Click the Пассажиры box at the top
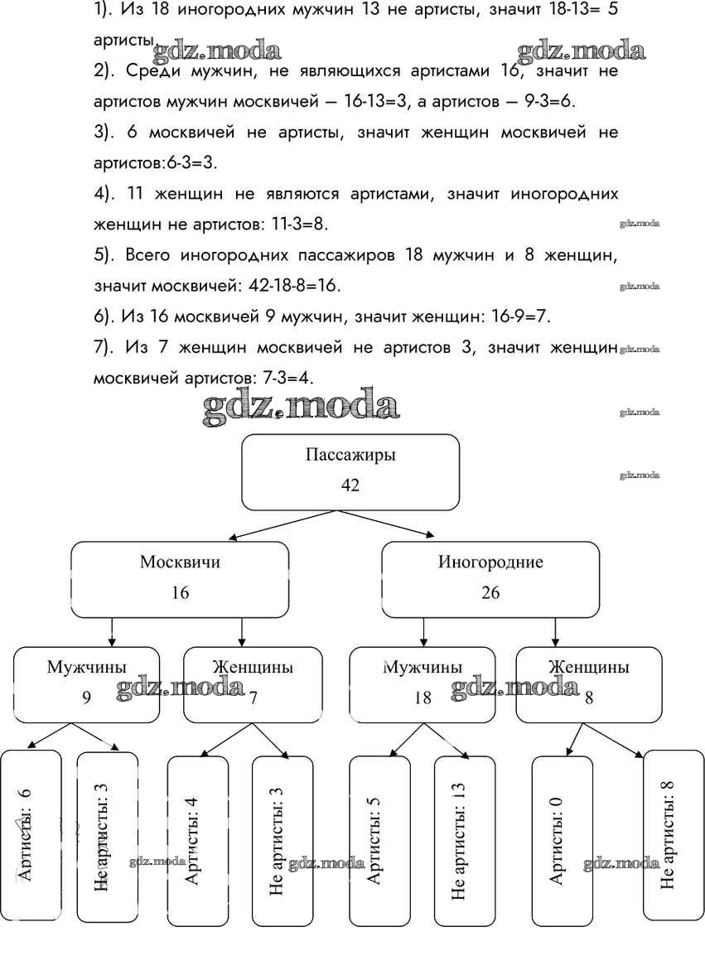(x=350, y=471)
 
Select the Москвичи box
(x=180, y=578)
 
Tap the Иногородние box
(x=490, y=578)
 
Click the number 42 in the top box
(x=350, y=485)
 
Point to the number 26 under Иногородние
(x=490, y=593)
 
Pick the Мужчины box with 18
(x=423, y=683)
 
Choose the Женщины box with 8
(x=588, y=683)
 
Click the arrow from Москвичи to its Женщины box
(x=241, y=631)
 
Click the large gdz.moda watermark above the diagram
(x=302, y=407)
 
